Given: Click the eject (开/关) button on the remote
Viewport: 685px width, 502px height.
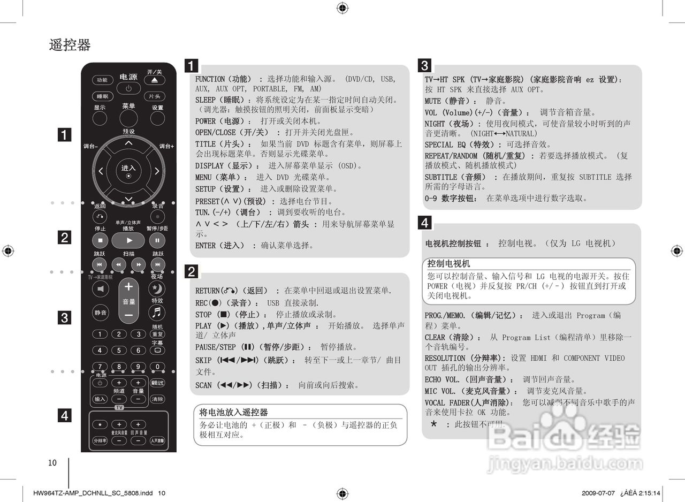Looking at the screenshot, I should (x=155, y=80).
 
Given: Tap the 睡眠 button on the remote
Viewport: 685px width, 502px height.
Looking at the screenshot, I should (x=102, y=96).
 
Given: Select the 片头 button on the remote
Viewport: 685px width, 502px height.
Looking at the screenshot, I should (x=155, y=96).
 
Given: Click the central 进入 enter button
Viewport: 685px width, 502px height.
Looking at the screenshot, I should (x=128, y=171).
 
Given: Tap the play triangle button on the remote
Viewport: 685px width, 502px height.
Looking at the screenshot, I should (x=128, y=240).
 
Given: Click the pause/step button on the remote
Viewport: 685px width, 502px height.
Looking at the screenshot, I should (x=157, y=240).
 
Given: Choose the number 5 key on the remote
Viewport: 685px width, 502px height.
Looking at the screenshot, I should (x=119, y=351).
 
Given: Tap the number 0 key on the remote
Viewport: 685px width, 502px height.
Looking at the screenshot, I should (x=157, y=367).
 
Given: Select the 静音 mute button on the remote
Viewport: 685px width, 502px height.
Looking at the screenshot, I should (x=100, y=313).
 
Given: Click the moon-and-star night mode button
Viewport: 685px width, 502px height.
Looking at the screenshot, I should (x=157, y=289).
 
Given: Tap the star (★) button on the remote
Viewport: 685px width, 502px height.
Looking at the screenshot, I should (x=100, y=424).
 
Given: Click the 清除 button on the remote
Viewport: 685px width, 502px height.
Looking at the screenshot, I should (x=157, y=399).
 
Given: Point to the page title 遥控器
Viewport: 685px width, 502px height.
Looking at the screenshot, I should (x=70, y=45).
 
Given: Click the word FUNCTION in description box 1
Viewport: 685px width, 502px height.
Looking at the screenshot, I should (x=210, y=79).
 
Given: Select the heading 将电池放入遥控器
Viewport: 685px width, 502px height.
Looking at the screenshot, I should (x=233, y=412).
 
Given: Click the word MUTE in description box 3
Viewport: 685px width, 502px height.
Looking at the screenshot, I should (x=433, y=101).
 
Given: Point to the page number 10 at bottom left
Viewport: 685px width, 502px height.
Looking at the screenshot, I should (x=52, y=463).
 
